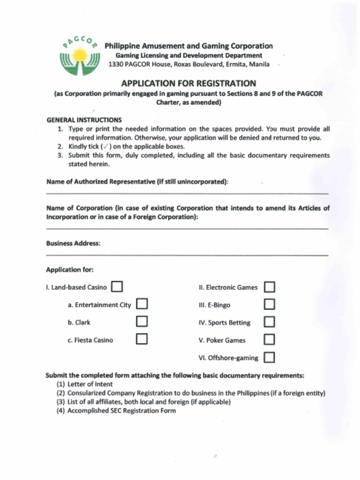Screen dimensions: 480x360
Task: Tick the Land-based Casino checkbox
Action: click(x=117, y=286)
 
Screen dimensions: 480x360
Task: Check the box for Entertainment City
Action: click(x=142, y=304)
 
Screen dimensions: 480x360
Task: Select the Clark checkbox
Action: click(x=142, y=322)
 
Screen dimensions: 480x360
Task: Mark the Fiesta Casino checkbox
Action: click(x=142, y=339)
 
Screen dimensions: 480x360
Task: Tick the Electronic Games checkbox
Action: click(x=269, y=287)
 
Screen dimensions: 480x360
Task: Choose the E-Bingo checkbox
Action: click(x=269, y=304)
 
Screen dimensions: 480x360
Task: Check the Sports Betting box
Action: click(x=269, y=322)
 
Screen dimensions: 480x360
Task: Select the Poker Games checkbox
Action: click(x=269, y=339)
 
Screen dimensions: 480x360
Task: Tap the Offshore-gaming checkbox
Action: click(x=269, y=357)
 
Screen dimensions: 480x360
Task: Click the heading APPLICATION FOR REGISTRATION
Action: click(x=188, y=83)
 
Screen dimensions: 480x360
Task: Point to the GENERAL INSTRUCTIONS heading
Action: click(x=84, y=120)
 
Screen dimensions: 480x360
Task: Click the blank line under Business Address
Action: click(x=187, y=255)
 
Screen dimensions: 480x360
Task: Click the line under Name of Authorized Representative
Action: click(x=187, y=193)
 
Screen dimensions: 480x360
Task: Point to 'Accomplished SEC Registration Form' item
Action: click(x=121, y=411)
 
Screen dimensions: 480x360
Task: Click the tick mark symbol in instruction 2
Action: click(x=105, y=146)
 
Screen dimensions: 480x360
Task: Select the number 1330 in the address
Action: click(x=116, y=64)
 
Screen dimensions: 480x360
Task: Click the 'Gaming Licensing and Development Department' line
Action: click(x=189, y=55)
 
